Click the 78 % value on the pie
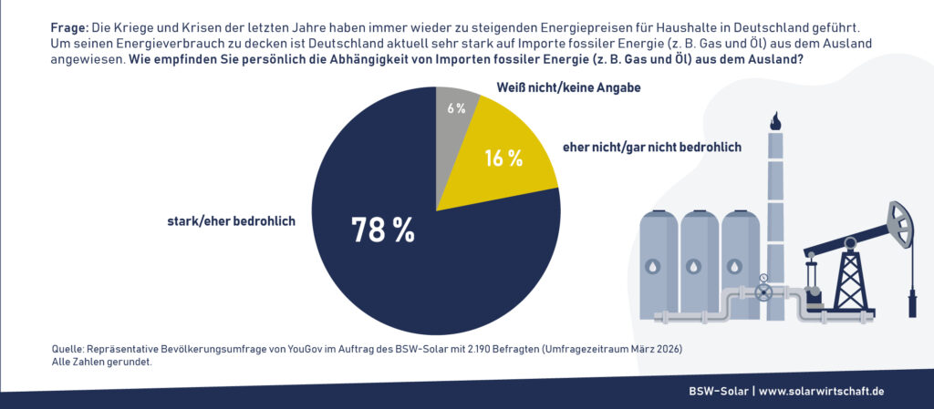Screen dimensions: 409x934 pyautogui.click(x=383, y=230)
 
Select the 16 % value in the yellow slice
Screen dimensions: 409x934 pyautogui.click(x=503, y=158)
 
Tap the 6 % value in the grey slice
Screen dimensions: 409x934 pyautogui.click(x=456, y=108)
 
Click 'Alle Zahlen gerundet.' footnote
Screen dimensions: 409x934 pyautogui.click(x=101, y=362)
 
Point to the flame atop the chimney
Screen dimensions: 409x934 pyautogui.click(x=775, y=120)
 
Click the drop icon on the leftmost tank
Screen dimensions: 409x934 pyautogui.click(x=652, y=267)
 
